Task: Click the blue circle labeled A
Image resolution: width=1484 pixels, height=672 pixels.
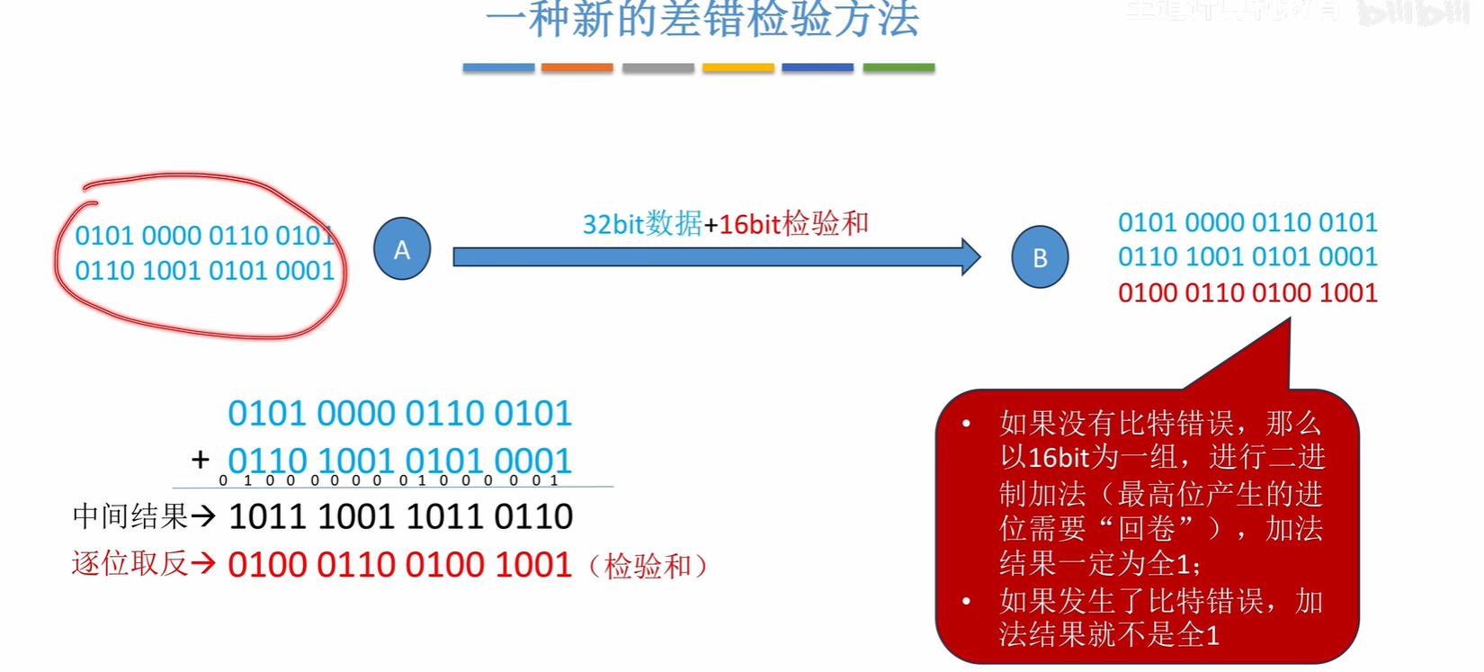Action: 402,249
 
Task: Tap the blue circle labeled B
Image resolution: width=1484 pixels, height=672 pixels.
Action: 1040,257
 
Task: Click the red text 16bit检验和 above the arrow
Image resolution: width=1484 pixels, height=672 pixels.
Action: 793,223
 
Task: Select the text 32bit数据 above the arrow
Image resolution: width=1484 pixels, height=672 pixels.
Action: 642,223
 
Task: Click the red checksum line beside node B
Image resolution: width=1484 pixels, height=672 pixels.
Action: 1247,293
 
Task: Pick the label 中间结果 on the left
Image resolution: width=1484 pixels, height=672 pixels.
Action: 130,516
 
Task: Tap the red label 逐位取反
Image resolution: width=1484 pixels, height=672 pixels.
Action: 130,564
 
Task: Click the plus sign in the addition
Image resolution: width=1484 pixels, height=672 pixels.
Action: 201,460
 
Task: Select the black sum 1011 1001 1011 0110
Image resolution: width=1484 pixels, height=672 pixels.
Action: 400,516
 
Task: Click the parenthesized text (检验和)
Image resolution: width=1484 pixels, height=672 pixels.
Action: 648,566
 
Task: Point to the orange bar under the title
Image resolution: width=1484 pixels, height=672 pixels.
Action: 577,67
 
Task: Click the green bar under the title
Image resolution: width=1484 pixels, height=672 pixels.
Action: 898,67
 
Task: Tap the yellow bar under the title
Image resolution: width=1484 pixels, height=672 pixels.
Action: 738,67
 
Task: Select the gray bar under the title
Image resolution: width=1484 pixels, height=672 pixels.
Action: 657,67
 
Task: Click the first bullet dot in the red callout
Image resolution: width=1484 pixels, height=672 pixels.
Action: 966,423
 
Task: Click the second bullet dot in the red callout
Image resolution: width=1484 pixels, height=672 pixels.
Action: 966,601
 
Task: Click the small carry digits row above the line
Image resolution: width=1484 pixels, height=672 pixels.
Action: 389,480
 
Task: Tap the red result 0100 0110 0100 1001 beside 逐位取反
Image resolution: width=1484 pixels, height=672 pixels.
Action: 400,565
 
